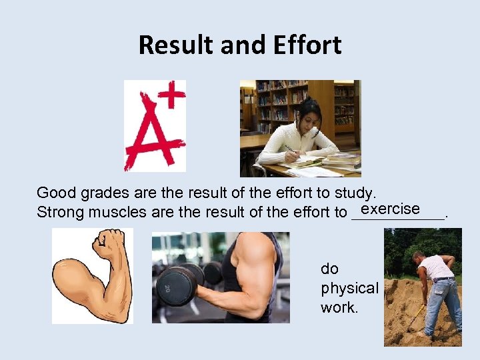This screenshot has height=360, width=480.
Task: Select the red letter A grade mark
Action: pyautogui.click(x=152, y=133)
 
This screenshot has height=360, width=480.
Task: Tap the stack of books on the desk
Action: pyautogui.click(x=341, y=160)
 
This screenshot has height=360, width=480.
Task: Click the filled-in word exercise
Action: pyautogui.click(x=390, y=209)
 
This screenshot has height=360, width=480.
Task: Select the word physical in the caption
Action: pyautogui.click(x=349, y=288)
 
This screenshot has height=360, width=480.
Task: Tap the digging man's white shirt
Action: pyautogui.click(x=437, y=267)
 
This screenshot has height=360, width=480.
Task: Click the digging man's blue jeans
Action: pyautogui.click(x=443, y=303)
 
